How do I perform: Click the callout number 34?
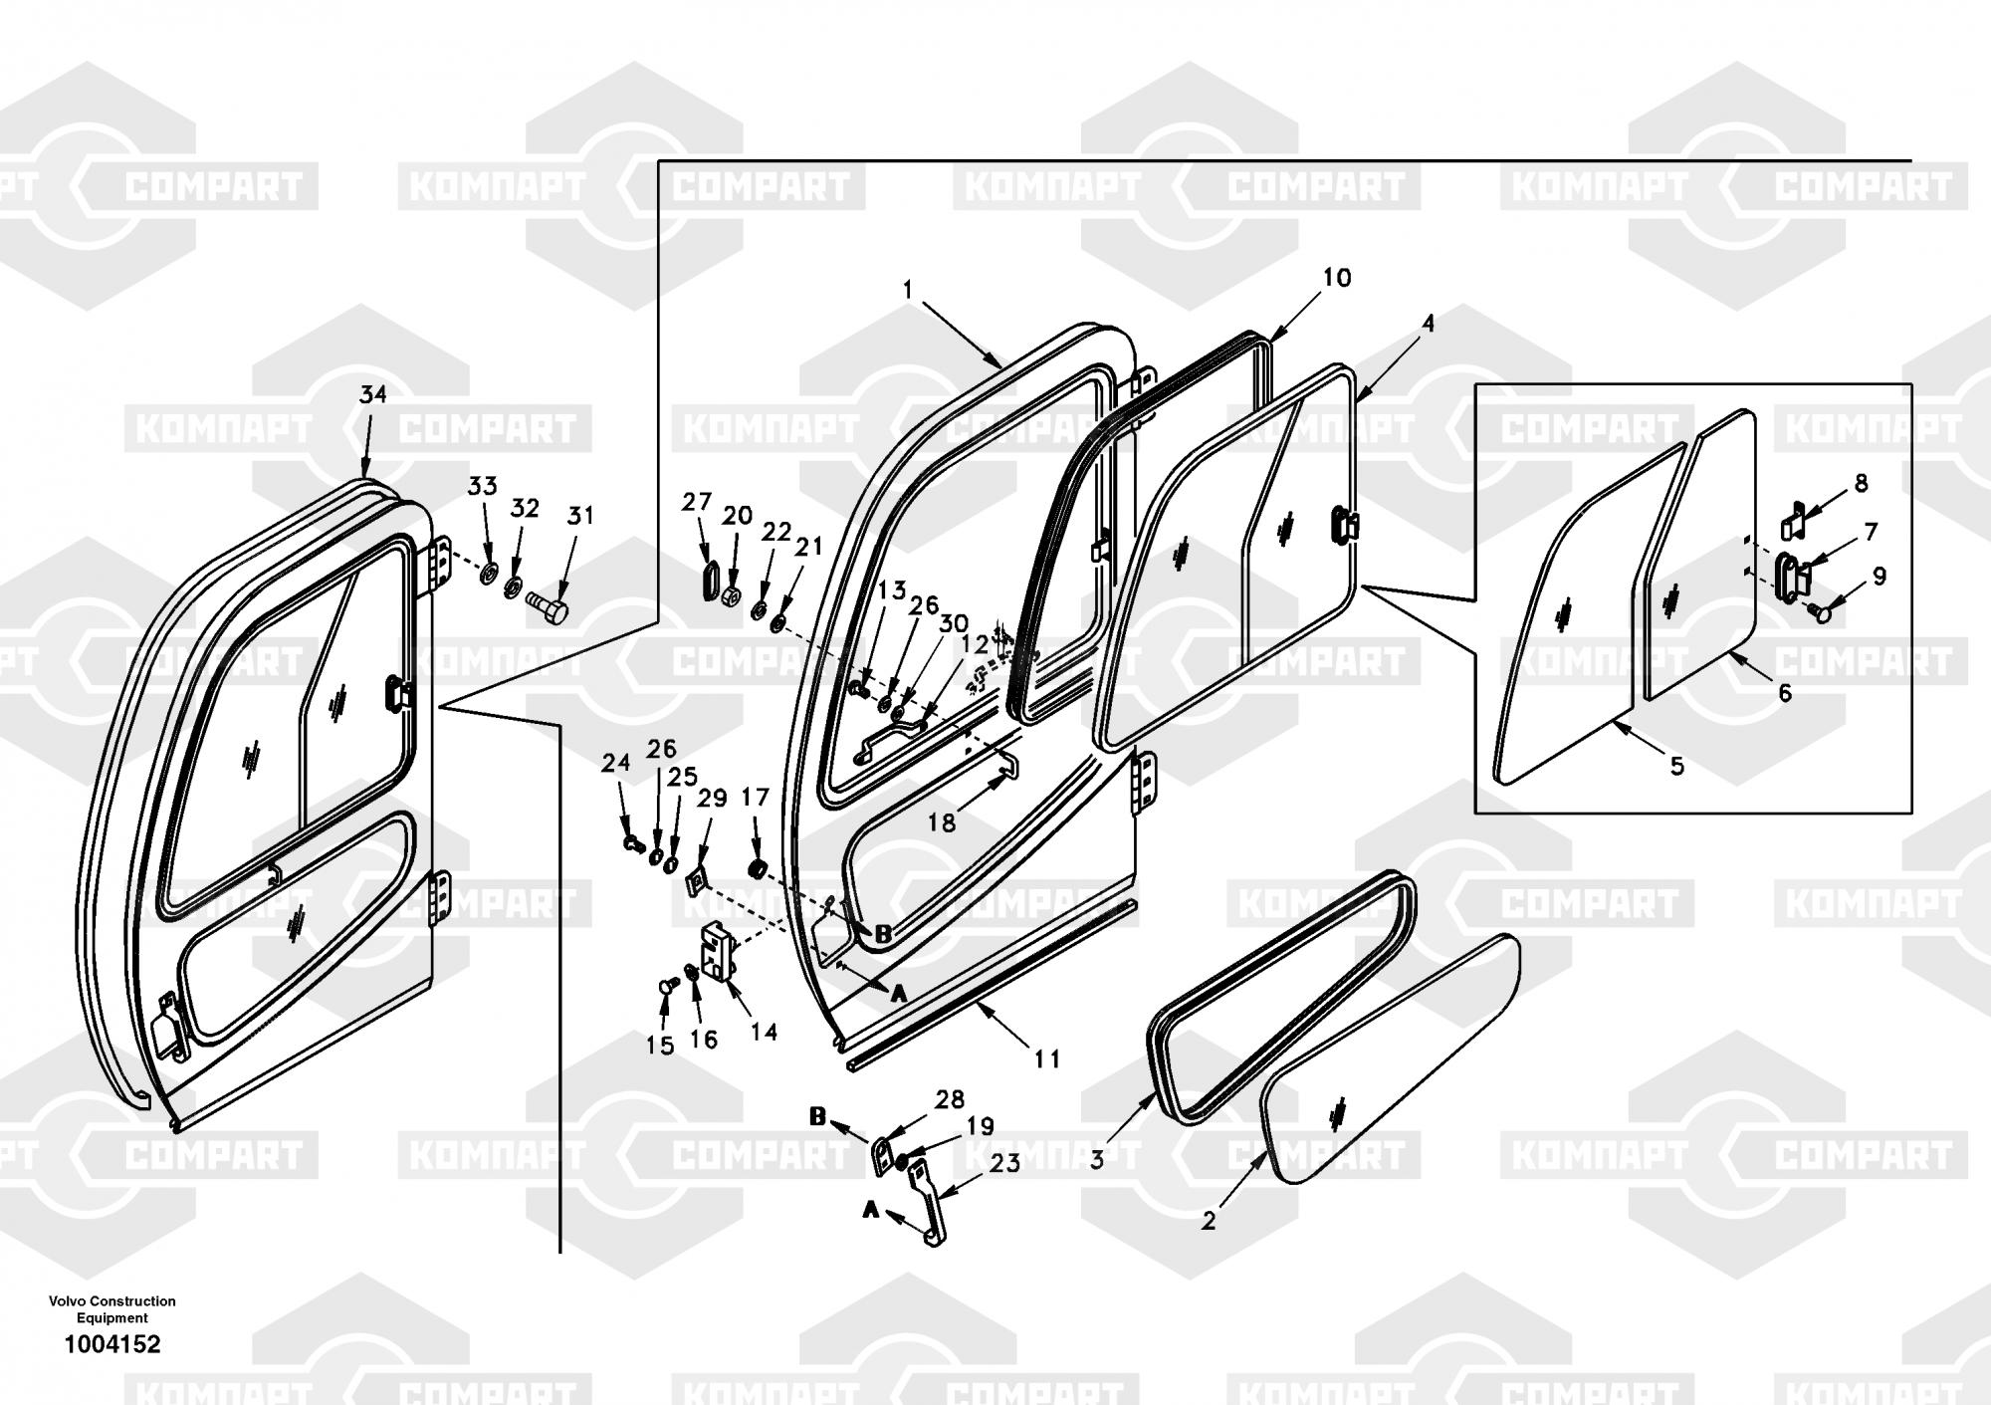click(x=373, y=395)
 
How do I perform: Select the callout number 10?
click(x=1337, y=278)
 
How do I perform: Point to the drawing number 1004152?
click(x=111, y=1344)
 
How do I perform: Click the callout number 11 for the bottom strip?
click(x=1047, y=1059)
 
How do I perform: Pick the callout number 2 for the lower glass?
click(x=1209, y=1222)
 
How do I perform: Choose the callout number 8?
click(x=1861, y=483)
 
